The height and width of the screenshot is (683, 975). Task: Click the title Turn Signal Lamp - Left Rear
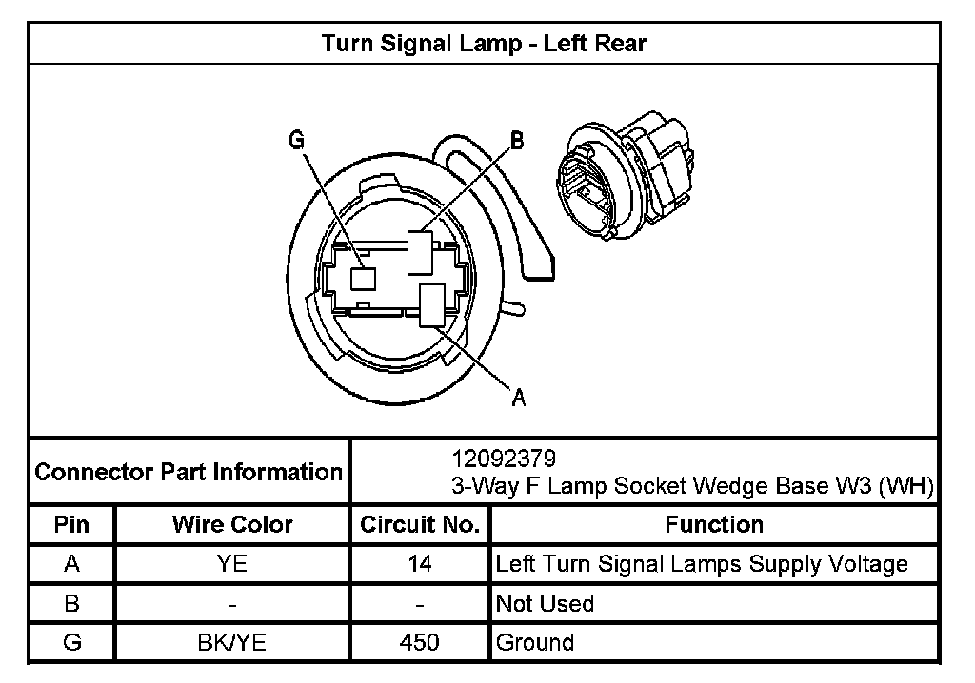pos(485,44)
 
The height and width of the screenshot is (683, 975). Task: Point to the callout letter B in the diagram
pos(517,142)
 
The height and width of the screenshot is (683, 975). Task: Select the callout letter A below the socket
pos(518,399)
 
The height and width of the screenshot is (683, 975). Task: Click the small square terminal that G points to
pos(363,278)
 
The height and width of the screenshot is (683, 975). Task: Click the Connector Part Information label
pos(189,472)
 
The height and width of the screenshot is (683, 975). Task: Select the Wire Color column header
pos(232,525)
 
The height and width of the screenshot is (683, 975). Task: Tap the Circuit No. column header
pos(419,525)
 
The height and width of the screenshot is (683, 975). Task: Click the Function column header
pos(714,525)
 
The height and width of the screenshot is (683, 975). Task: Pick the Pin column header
pos(71,525)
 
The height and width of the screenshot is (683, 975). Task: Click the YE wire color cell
pos(232,564)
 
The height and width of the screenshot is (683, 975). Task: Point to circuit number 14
pos(419,564)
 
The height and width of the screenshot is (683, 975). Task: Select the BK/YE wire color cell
pos(232,642)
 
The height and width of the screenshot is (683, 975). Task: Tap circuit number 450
pos(419,642)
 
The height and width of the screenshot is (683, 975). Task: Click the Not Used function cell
pos(546,603)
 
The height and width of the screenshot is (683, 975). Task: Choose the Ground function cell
pos(536,642)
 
